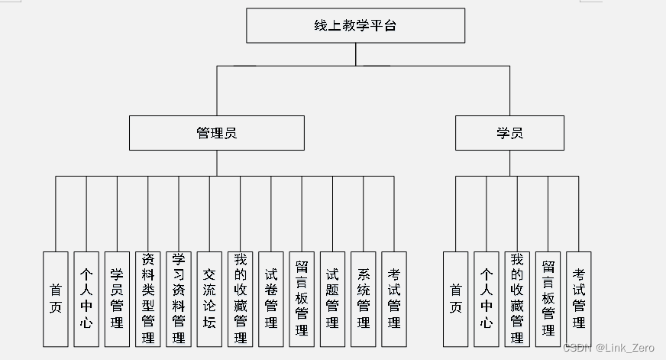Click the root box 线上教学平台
(355, 25)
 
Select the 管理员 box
(216, 132)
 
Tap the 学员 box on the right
(509, 132)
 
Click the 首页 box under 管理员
(56, 299)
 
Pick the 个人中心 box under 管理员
(86, 299)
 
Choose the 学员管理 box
(117, 299)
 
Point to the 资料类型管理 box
(148, 299)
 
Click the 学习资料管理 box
(179, 299)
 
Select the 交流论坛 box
(209, 299)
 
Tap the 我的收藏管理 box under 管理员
(241, 299)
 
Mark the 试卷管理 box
(271, 299)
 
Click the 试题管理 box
(332, 299)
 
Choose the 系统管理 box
(363, 299)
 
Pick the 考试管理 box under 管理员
(394, 299)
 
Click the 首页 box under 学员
(456, 299)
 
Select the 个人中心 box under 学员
(487, 299)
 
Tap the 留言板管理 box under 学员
(548, 299)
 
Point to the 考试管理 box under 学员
(578, 299)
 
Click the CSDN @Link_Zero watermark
(608, 348)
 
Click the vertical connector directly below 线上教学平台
(355, 54)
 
